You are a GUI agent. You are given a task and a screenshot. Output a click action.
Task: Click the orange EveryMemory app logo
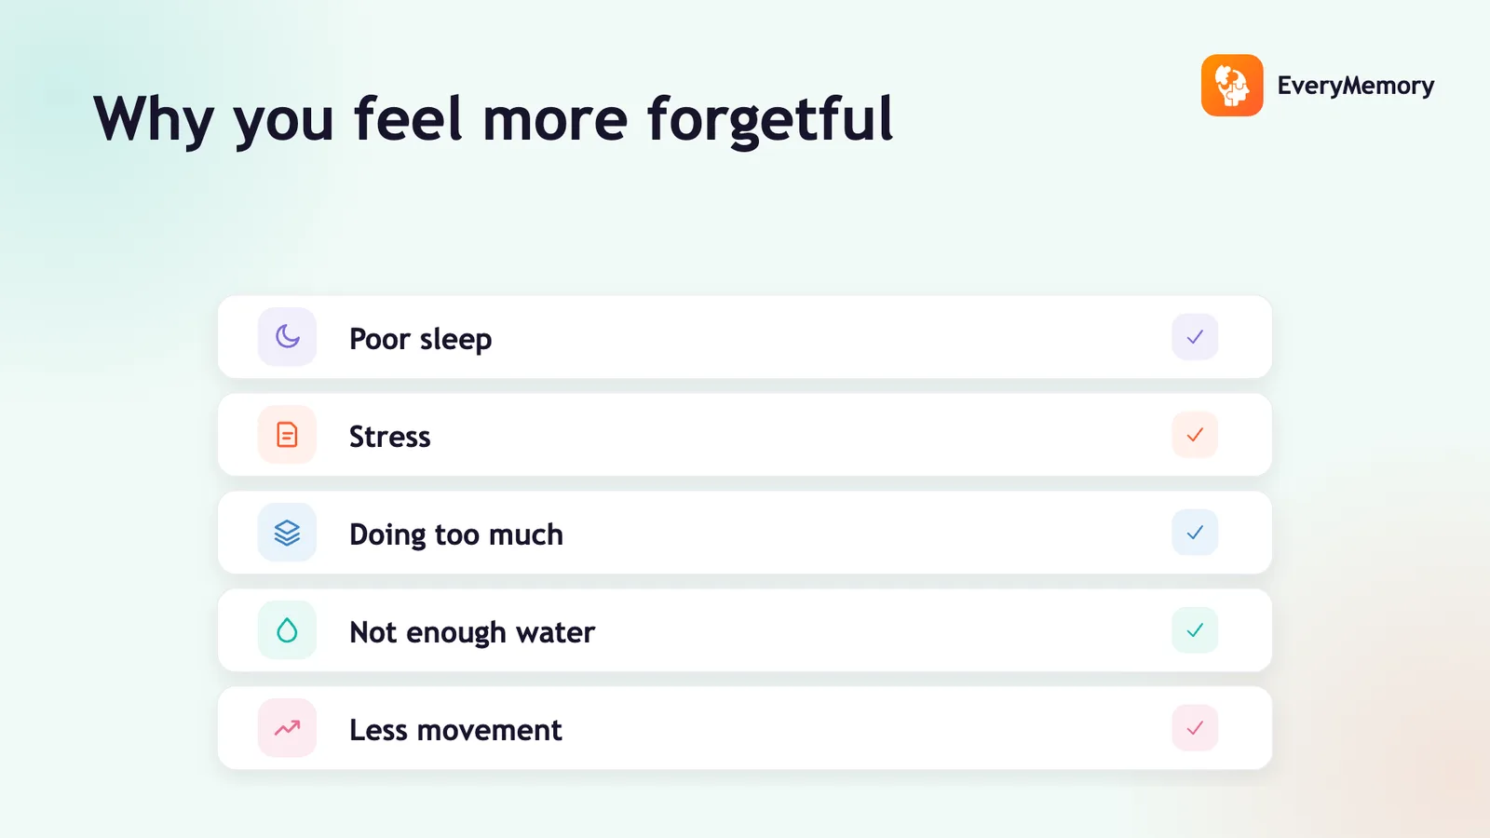pyautogui.click(x=1232, y=85)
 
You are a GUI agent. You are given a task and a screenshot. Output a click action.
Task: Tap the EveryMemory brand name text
pyautogui.click(x=1356, y=86)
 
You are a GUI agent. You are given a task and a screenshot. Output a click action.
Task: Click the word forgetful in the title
pyautogui.click(x=770, y=120)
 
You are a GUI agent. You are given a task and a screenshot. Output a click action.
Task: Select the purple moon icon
pyautogui.click(x=288, y=336)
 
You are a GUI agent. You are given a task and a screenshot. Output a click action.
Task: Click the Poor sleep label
pyautogui.click(x=420, y=339)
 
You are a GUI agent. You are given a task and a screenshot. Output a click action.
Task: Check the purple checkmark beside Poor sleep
pyautogui.click(x=1195, y=337)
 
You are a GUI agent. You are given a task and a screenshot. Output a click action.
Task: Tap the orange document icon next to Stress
pyautogui.click(x=287, y=435)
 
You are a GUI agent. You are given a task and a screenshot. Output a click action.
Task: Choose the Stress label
pyautogui.click(x=390, y=437)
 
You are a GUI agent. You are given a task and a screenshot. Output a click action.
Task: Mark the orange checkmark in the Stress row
pyautogui.click(x=1195, y=435)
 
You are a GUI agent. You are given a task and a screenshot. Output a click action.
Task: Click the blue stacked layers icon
pyautogui.click(x=288, y=533)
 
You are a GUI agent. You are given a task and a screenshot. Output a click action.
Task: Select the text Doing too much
pyautogui.click(x=456, y=534)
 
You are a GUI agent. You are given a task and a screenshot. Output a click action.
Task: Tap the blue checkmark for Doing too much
pyautogui.click(x=1195, y=533)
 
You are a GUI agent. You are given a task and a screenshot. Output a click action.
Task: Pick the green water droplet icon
pyautogui.click(x=288, y=629)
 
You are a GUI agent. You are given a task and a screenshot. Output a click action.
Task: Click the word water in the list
pyautogui.click(x=555, y=632)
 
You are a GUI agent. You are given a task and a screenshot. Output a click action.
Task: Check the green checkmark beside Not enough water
pyautogui.click(x=1195, y=629)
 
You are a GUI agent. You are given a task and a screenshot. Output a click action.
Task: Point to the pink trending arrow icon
pyautogui.click(x=288, y=728)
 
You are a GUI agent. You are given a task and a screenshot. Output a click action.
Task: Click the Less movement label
pyautogui.click(x=455, y=730)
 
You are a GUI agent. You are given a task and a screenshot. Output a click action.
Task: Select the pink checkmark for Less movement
pyautogui.click(x=1195, y=727)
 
